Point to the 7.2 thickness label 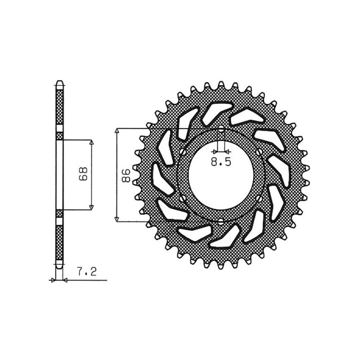click(x=87, y=272)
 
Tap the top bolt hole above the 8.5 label click(x=221, y=130)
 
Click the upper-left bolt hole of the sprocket click(x=182, y=153)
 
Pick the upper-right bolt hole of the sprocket click(x=259, y=153)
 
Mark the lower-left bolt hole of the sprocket click(x=182, y=198)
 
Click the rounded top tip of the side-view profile click(x=59, y=83)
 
